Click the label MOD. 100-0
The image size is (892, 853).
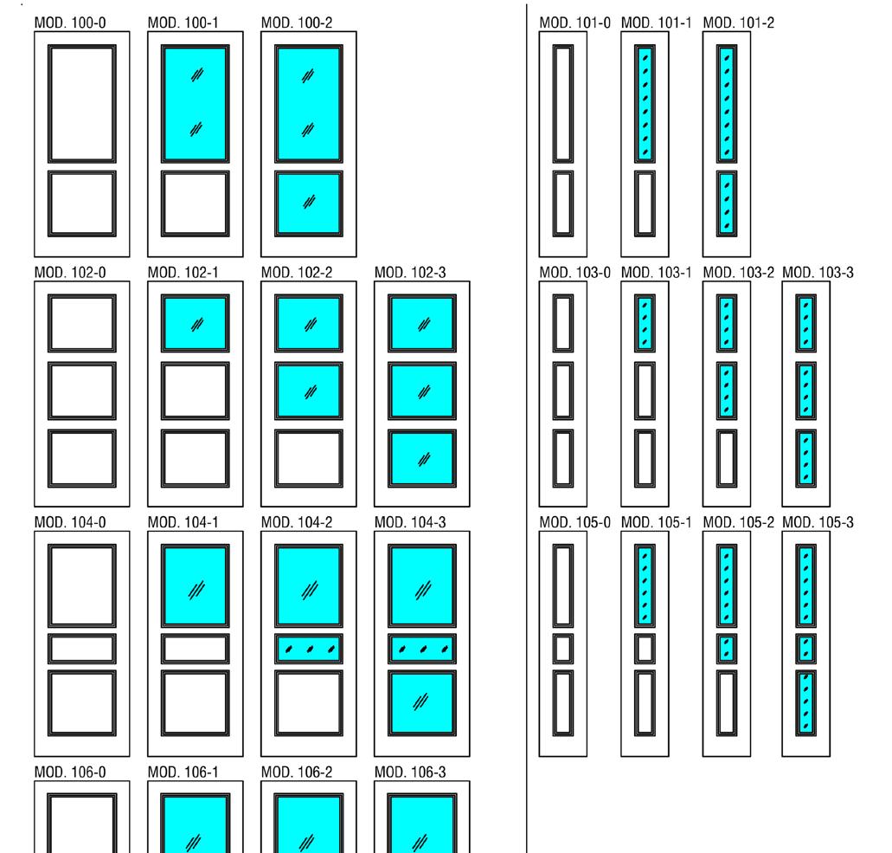coord(70,21)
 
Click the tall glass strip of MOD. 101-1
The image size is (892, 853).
coord(645,104)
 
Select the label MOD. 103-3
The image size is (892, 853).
coord(818,273)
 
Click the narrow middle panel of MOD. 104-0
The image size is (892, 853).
coord(82,649)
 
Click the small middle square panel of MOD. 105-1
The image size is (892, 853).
coord(645,648)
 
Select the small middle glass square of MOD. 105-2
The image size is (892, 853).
coord(727,648)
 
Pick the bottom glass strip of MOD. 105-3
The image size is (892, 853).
coord(805,702)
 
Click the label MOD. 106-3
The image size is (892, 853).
coord(410,772)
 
